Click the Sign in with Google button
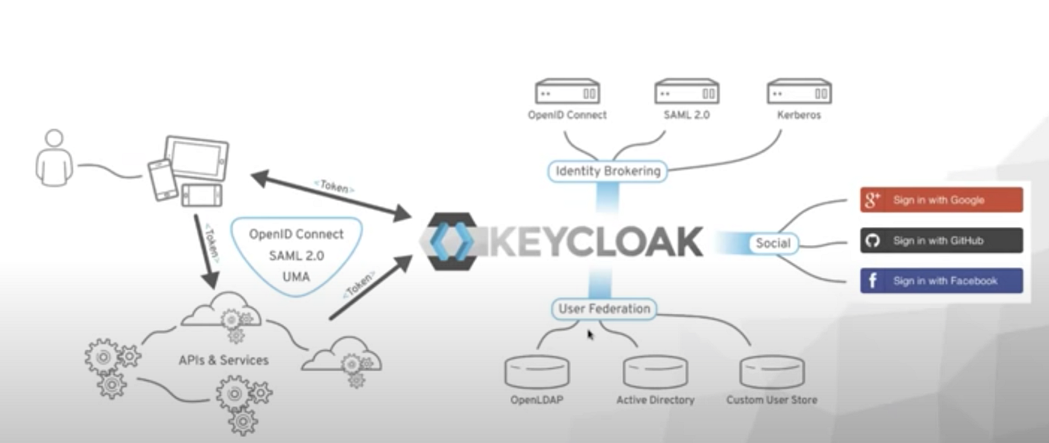[941, 200]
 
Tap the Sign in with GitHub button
[941, 241]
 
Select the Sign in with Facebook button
[941, 281]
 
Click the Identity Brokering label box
[608, 171]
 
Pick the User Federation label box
[604, 308]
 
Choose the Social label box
[773, 243]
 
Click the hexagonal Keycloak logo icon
[448, 241]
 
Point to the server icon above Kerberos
[799, 92]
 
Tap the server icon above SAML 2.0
[687, 92]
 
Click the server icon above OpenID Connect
[567, 92]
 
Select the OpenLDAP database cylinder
[536, 372]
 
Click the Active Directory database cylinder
[655, 372]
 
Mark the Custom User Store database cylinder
[772, 372]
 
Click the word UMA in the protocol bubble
[296, 277]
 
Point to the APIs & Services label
[223, 361]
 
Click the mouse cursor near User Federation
[590, 334]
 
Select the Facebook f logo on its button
[873, 281]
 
